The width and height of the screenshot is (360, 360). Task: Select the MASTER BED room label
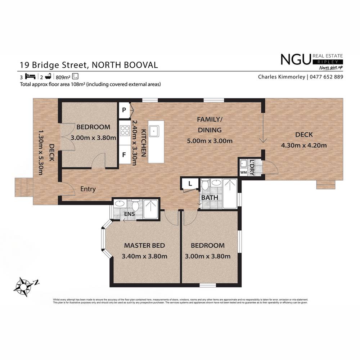pos(144,246)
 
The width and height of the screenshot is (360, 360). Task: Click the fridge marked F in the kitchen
pos(124,155)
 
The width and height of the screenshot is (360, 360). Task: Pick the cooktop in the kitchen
pos(125,130)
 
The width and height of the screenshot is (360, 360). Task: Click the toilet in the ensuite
pos(136,206)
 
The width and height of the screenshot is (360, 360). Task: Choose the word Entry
pos(88,189)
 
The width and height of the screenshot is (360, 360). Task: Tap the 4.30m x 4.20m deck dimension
pos(304,145)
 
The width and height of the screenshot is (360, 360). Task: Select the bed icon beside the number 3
pos(31,76)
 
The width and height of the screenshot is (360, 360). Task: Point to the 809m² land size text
pos(63,77)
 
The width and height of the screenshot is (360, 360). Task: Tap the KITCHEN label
pos(143,143)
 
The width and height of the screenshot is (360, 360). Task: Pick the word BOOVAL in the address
pos(140,65)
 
